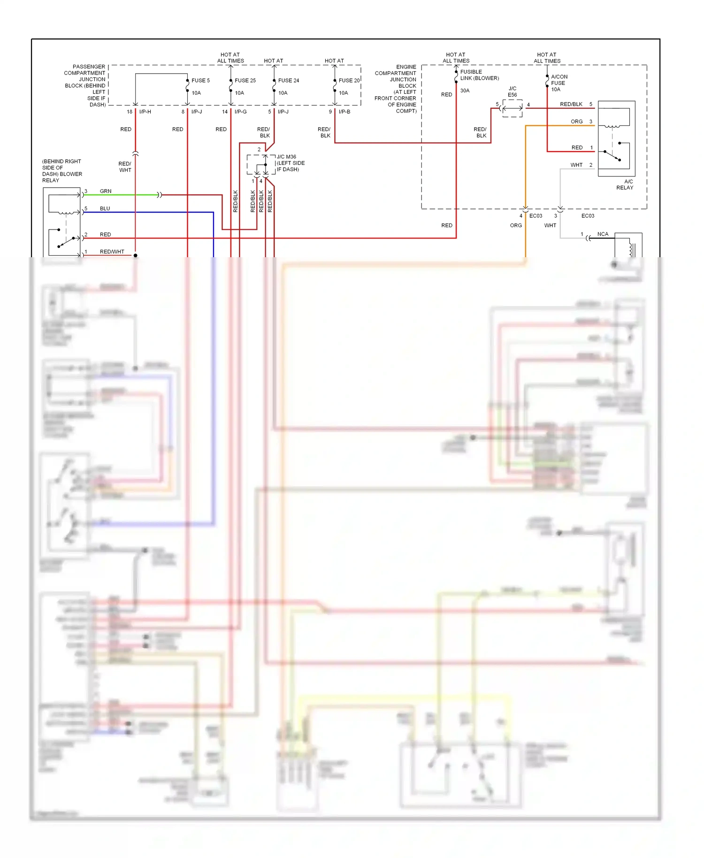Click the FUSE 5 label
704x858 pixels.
click(200, 80)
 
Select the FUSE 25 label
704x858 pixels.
click(245, 80)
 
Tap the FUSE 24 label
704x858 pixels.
click(288, 80)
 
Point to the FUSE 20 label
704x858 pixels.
click(349, 80)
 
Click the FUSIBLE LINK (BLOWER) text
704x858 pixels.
click(479, 75)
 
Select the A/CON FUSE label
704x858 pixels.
click(559, 80)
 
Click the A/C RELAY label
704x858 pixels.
click(625, 184)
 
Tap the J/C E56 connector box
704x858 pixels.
click(512, 108)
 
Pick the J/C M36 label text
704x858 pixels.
click(286, 157)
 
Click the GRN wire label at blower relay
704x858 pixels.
click(106, 191)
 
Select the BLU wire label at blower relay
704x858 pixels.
click(105, 208)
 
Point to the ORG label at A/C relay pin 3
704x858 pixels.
click(576, 122)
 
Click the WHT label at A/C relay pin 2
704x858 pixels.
click(576, 165)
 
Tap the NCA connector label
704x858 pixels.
click(603, 234)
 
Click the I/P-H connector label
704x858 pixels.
click(145, 112)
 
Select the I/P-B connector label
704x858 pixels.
click(344, 112)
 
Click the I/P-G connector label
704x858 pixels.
click(240, 112)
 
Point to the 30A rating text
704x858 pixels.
click(465, 91)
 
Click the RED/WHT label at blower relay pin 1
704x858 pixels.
click(112, 252)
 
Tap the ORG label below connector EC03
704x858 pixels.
click(516, 225)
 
